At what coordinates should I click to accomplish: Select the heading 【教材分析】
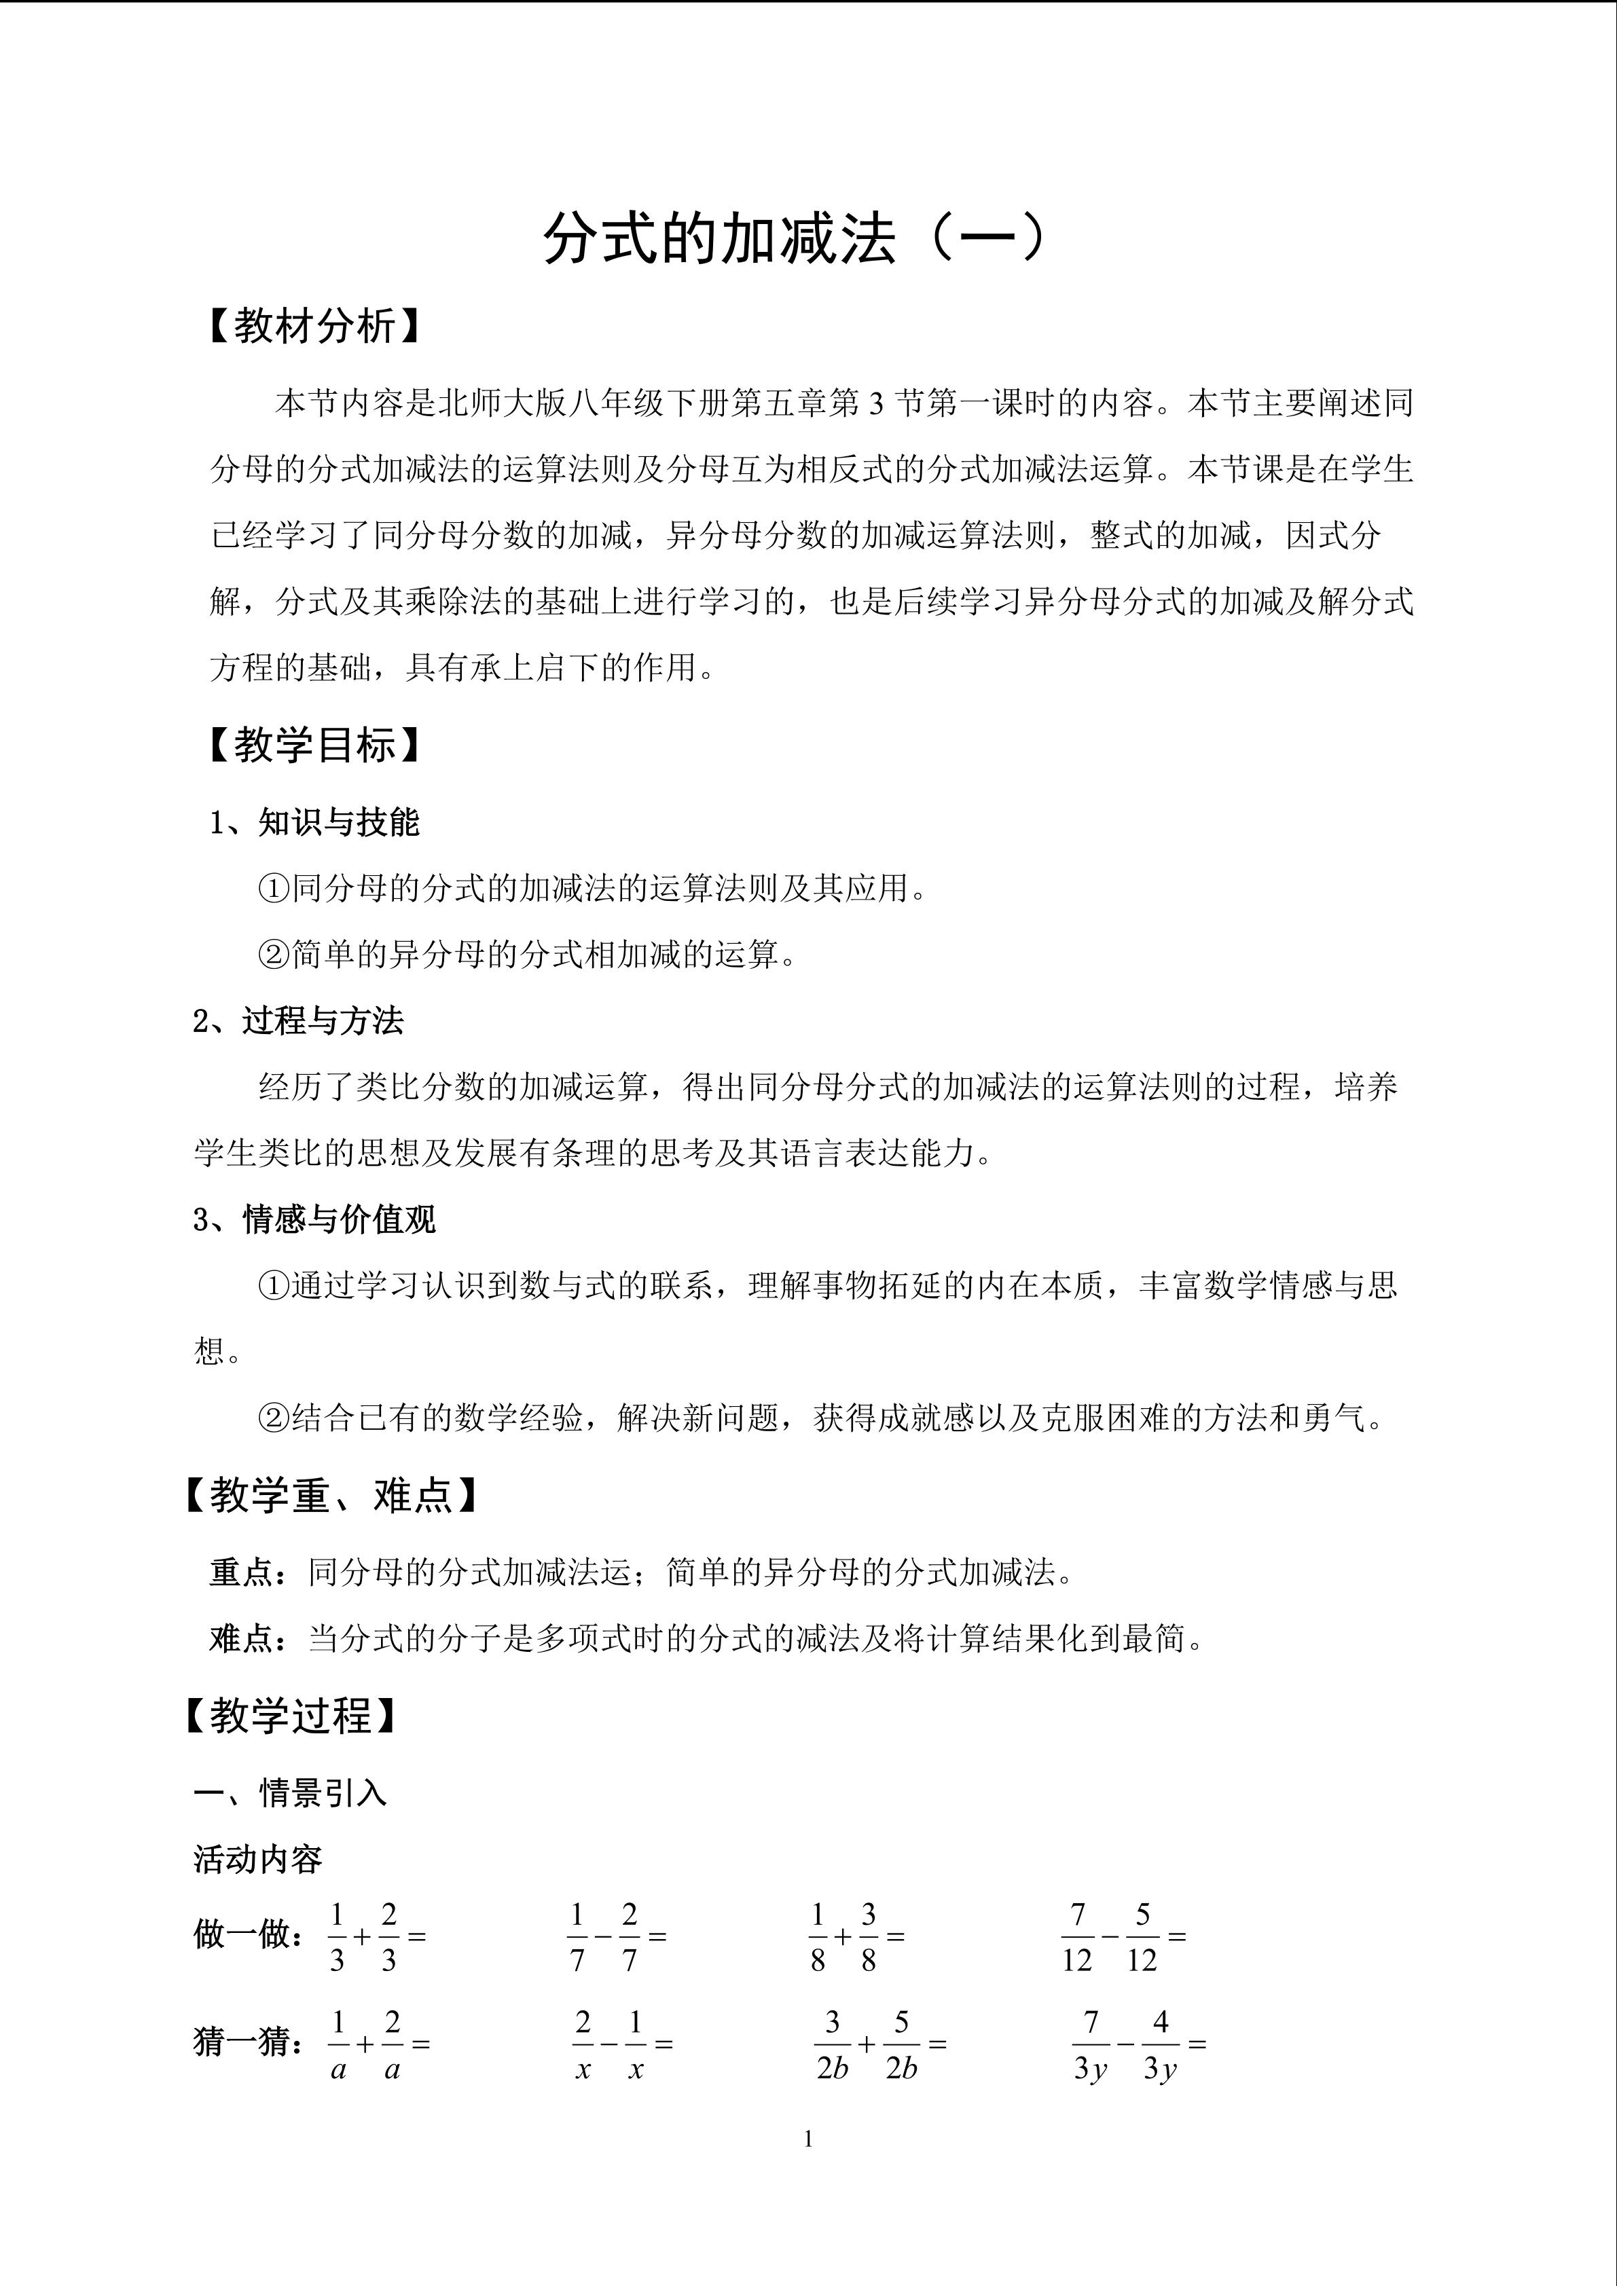click(314, 326)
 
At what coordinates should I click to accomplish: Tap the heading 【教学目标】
click(314, 745)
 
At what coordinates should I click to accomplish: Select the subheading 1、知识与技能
click(314, 822)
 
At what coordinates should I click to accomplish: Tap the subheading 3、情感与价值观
click(314, 1219)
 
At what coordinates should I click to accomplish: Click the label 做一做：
click(249, 1934)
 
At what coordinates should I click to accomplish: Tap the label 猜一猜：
click(249, 2042)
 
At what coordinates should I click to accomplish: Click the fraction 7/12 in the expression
click(1077, 1936)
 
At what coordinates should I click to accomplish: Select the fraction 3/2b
click(833, 2044)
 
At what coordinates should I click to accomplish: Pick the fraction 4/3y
click(1160, 2044)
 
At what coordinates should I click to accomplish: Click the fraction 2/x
click(583, 2044)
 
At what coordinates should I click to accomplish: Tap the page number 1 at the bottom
click(807, 2139)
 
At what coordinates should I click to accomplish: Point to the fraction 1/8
click(818, 1936)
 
